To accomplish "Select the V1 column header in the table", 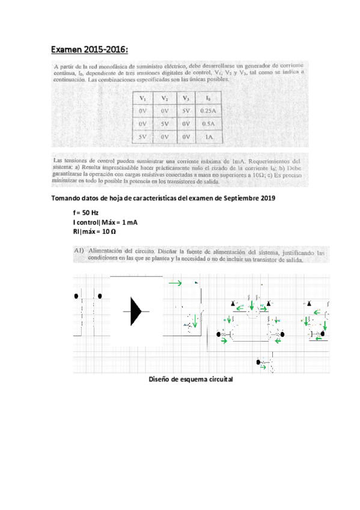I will point(143,97).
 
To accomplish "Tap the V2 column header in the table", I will point(165,97).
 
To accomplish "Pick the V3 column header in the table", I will point(186,97).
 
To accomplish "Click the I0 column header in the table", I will point(208,97).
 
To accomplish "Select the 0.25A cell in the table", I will point(209,111).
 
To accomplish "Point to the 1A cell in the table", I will point(209,137).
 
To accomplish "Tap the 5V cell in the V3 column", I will point(186,111).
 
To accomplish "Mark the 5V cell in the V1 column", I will point(143,137).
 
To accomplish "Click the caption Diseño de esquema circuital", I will point(190,380).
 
